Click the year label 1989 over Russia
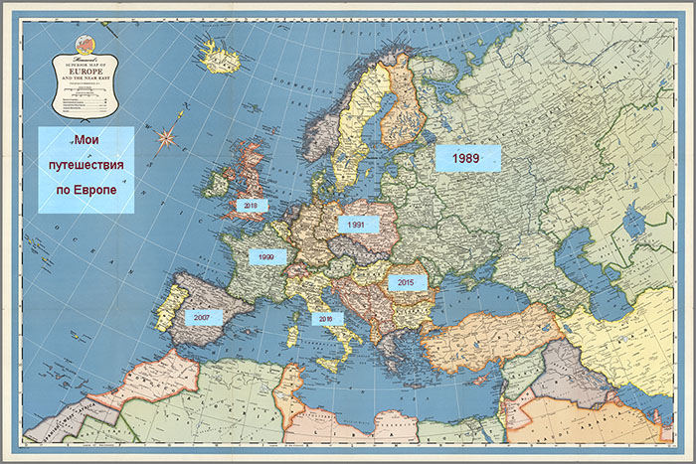466,158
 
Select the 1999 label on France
266,256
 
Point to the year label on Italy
327,318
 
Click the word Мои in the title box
87,141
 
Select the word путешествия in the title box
87,165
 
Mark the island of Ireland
216,185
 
